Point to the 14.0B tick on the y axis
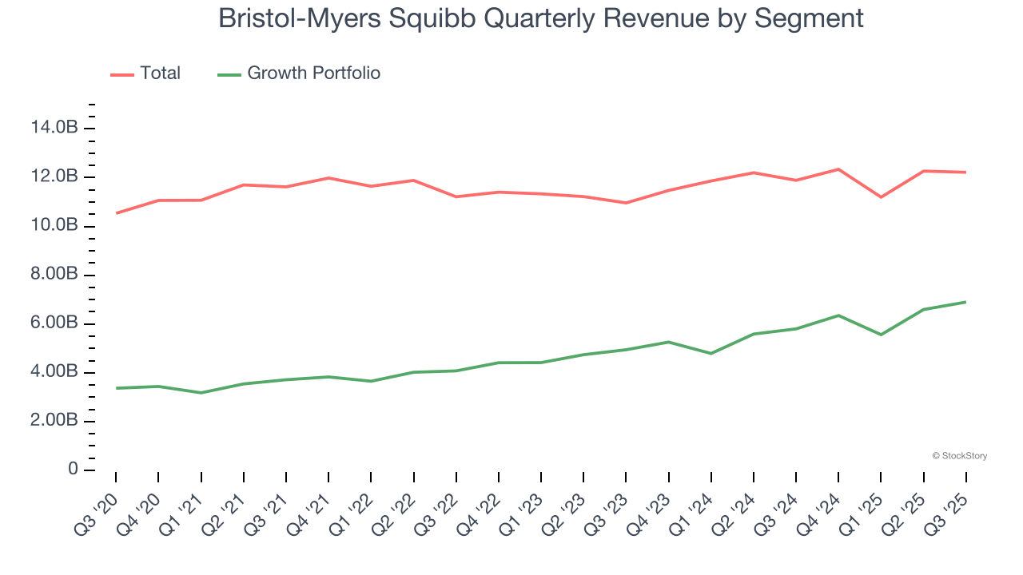coord(54,128)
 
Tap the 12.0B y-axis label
coord(54,176)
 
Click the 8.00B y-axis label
coord(54,275)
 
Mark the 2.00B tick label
coord(54,421)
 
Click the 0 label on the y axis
coord(73,470)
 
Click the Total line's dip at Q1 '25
coord(882,196)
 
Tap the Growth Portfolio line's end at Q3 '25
coord(966,302)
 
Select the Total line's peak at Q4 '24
coord(838,169)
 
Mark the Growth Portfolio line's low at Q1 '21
coord(201,392)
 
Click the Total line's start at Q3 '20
coord(116,213)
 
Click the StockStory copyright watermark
coord(959,456)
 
